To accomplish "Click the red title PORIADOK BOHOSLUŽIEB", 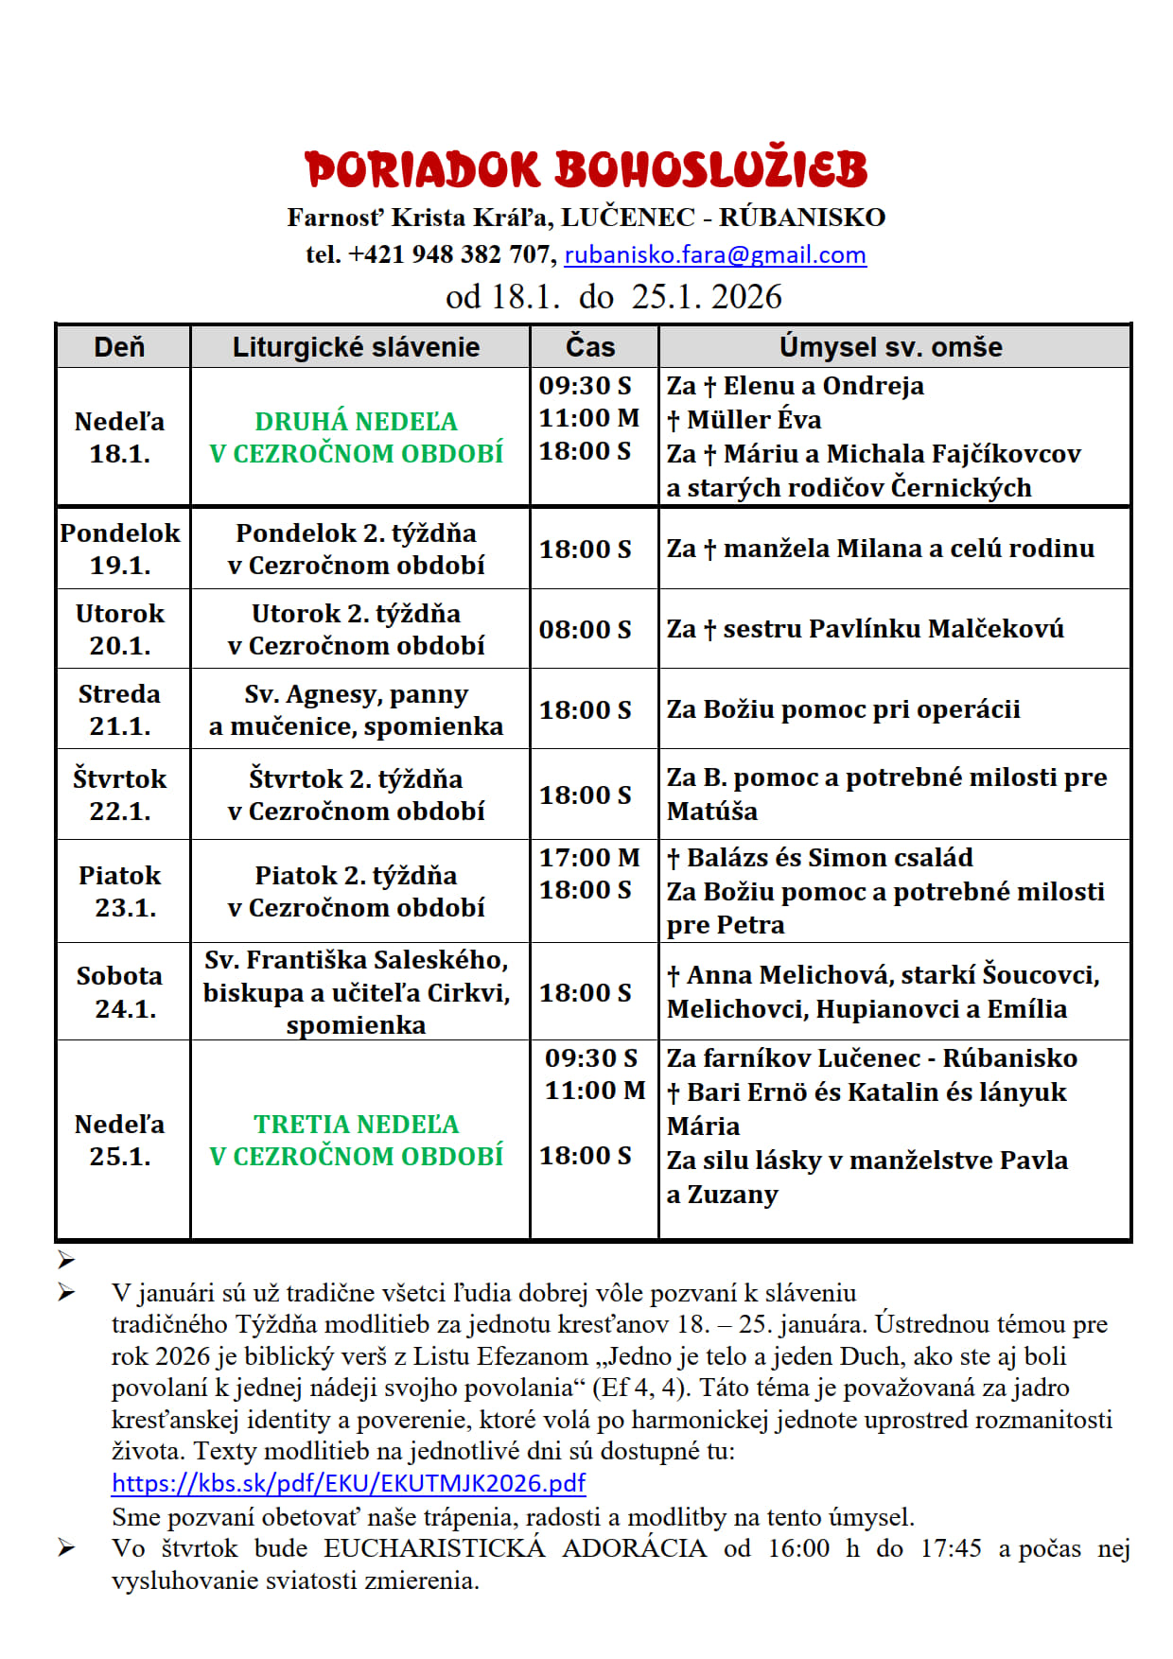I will [x=586, y=170].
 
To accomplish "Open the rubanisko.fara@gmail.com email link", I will [x=715, y=254].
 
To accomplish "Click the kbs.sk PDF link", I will [x=348, y=1482].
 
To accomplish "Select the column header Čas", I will [x=590, y=347].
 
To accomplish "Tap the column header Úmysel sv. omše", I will [x=890, y=347].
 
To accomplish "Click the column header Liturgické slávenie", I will [x=356, y=347].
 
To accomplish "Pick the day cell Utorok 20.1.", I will [x=120, y=629].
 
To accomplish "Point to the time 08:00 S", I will [x=585, y=629].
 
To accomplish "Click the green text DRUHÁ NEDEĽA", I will [x=356, y=421].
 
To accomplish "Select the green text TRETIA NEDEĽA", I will [x=356, y=1124].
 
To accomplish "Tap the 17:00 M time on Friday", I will [x=588, y=858].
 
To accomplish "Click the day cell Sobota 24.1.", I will [x=120, y=991].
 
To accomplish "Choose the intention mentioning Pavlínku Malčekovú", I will [x=865, y=629].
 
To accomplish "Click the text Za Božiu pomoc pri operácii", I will [x=843, y=709].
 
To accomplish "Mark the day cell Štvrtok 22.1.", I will [x=120, y=795].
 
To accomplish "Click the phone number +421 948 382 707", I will [x=449, y=254].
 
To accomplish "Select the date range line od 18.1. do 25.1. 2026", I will [x=614, y=297].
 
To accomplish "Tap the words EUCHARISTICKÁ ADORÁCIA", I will [x=515, y=1548].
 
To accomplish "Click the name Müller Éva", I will [x=754, y=420].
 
